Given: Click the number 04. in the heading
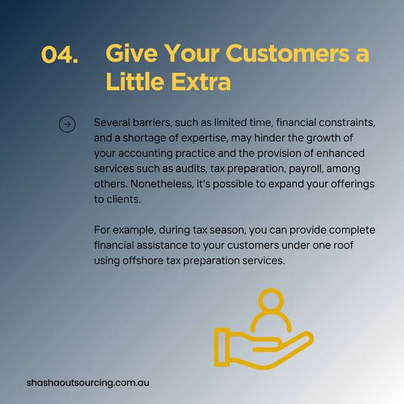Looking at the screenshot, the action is click(59, 55).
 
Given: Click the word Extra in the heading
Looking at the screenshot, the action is click(201, 81).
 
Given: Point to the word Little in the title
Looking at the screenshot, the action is click(135, 81).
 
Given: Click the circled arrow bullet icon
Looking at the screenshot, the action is click(67, 125).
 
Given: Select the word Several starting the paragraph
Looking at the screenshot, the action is click(112, 123).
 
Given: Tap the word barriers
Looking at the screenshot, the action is click(152, 123).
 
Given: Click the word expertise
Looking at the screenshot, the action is click(205, 138).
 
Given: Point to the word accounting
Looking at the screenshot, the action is click(145, 154).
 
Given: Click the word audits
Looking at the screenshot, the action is click(191, 168).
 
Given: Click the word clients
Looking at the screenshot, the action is click(124, 199).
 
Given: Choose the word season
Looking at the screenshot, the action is click(228, 230).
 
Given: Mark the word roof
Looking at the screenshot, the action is click(343, 245).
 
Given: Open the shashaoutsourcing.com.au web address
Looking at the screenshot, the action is click(88, 382).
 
